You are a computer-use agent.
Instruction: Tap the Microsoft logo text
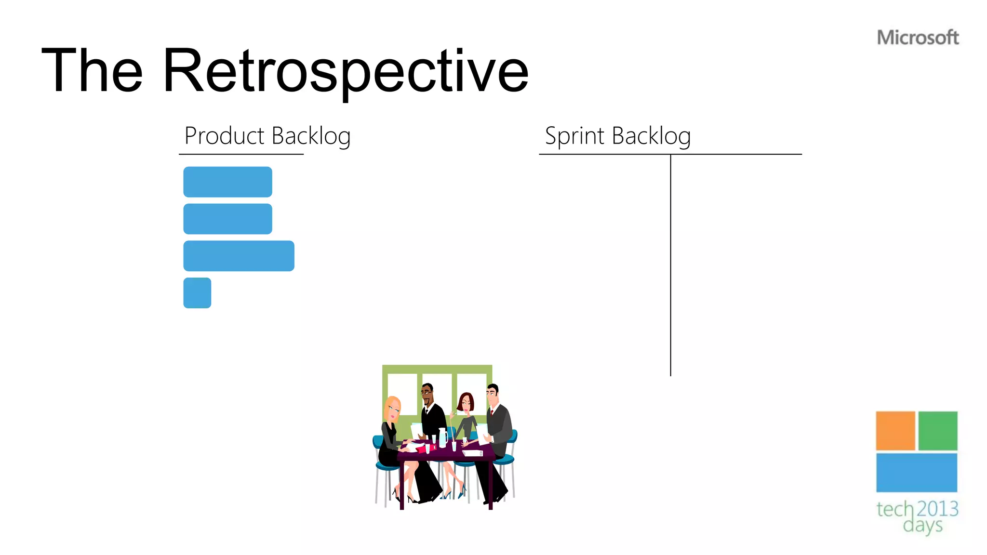click(x=918, y=38)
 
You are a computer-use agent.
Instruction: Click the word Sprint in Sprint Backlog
click(x=574, y=136)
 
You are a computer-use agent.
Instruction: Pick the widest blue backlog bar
click(x=239, y=256)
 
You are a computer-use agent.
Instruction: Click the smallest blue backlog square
click(x=197, y=293)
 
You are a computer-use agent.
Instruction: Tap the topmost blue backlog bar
click(x=227, y=182)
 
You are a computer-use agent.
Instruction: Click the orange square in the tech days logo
click(x=895, y=431)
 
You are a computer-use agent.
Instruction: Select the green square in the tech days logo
click(x=937, y=431)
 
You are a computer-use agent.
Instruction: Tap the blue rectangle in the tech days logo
click(x=916, y=473)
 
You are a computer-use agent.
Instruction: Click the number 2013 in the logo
click(x=937, y=509)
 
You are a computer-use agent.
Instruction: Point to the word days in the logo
click(x=922, y=525)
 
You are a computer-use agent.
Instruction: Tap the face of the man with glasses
click(x=427, y=395)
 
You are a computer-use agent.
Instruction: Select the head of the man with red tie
click(x=492, y=396)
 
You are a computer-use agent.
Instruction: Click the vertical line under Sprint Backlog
click(x=670, y=265)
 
